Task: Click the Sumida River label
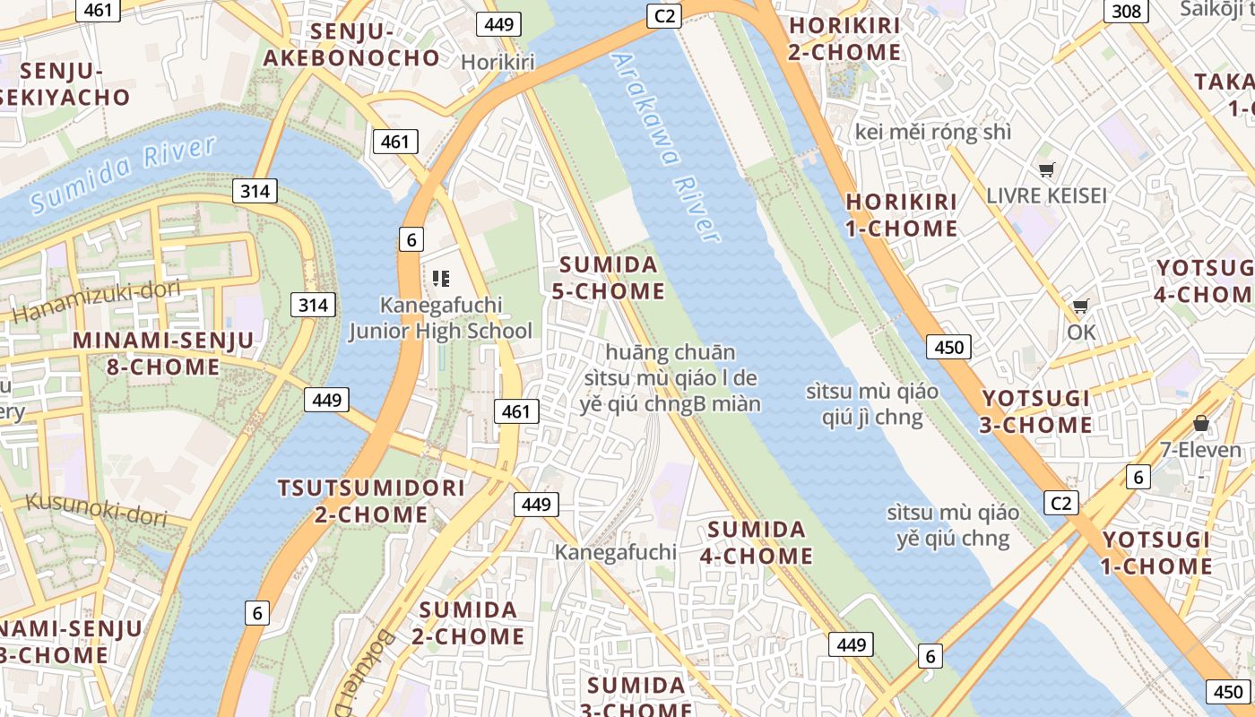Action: pyautogui.click(x=122, y=175)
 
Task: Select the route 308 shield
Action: pyautogui.click(x=1126, y=11)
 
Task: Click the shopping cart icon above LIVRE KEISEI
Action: pyautogui.click(x=1046, y=169)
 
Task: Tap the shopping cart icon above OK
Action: pyautogui.click(x=1081, y=307)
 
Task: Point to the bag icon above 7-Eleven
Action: pyautogui.click(x=1200, y=423)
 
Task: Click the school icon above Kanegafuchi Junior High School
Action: pyautogui.click(x=440, y=279)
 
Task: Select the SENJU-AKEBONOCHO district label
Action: pyautogui.click(x=351, y=45)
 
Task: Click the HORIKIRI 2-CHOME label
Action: pyautogui.click(x=844, y=39)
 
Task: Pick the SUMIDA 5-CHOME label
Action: pyautogui.click(x=611, y=278)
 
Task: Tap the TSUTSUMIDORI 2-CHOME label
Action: pyautogui.click(x=371, y=501)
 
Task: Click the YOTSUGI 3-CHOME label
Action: pyautogui.click(x=1035, y=411)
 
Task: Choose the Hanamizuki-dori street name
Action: pyautogui.click(x=96, y=301)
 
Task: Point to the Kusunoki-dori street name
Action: pyautogui.click(x=97, y=509)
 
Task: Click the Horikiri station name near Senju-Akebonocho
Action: pyautogui.click(x=498, y=62)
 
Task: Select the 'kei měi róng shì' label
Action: pyautogui.click(x=932, y=132)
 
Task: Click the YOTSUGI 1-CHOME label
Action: pyautogui.click(x=1156, y=553)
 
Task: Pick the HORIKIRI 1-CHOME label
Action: pyautogui.click(x=901, y=214)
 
